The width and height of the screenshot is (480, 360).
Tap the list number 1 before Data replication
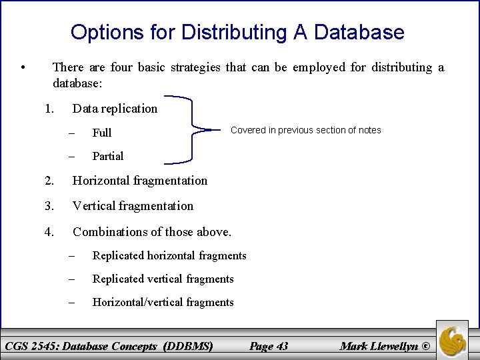49,108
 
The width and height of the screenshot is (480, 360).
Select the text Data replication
115,108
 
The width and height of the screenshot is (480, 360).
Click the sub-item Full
101,133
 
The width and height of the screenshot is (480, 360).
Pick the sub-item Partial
107,156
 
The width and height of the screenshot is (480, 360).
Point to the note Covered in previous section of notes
305,130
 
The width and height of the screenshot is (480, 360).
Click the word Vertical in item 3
95,205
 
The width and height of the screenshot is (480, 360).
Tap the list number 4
49,231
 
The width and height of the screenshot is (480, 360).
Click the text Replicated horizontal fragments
169,255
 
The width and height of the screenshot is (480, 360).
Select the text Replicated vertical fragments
163,279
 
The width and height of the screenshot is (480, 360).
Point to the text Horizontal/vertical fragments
163,302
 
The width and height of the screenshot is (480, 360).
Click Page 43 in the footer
268,345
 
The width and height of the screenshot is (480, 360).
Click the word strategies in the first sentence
197,67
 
